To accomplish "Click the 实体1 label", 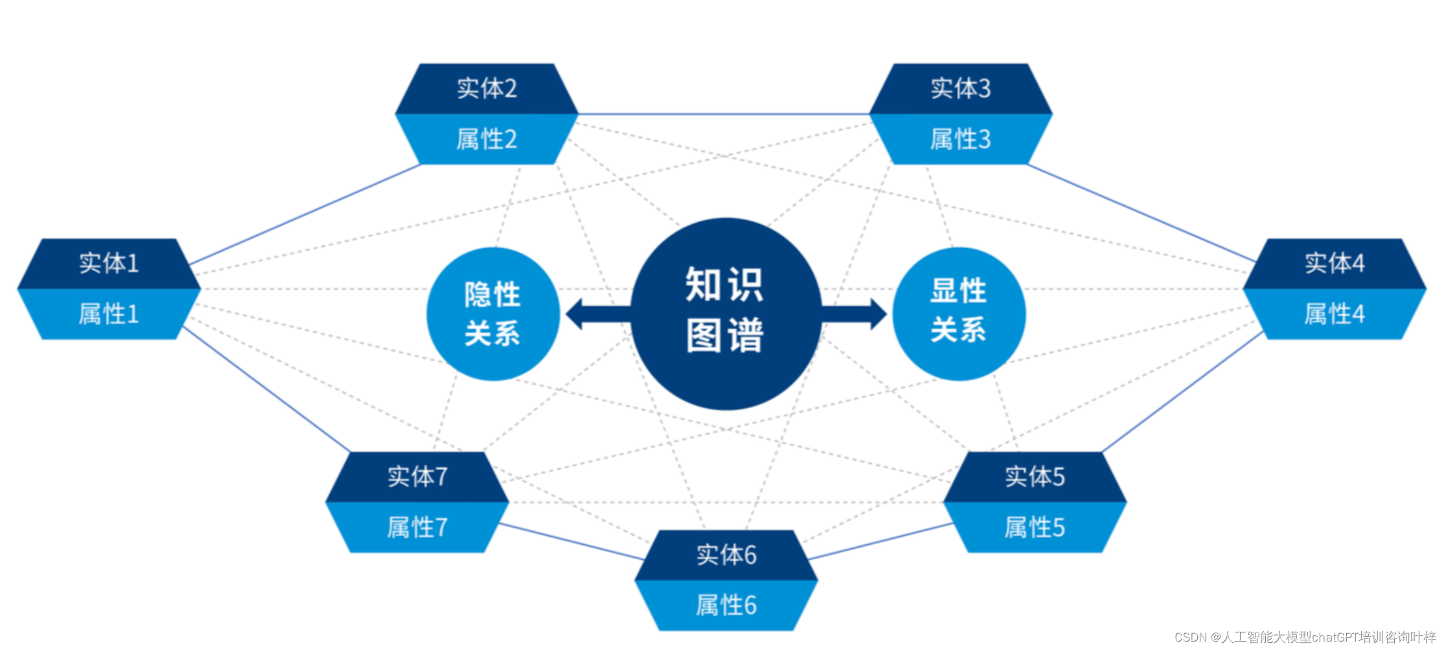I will point(109,264).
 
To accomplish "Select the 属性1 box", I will point(109,314).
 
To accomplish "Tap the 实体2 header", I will point(487,89).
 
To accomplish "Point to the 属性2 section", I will point(487,139).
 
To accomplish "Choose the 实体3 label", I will point(960,89).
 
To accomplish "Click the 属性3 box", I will point(960,139).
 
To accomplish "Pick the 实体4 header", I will point(1335,264).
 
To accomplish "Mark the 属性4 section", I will point(1335,314).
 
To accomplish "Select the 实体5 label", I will point(1035,477).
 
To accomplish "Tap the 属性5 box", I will point(1035,528).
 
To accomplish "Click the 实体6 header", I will point(726,555).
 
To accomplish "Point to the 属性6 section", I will point(726,606).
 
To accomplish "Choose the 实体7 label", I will point(417,477).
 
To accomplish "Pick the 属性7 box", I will point(417,528).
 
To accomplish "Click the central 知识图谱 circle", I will point(726,314).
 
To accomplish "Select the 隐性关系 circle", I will point(492,314).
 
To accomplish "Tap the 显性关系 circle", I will point(959,314).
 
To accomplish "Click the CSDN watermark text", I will point(1305,638).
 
